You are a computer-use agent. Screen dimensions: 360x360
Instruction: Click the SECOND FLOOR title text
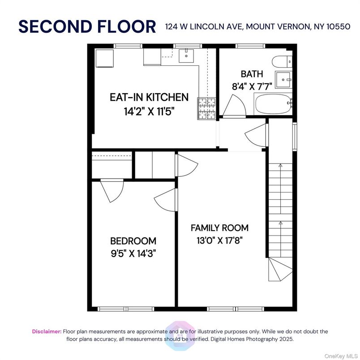click(87, 26)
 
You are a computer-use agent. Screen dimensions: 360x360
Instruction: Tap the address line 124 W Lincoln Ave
click(258, 26)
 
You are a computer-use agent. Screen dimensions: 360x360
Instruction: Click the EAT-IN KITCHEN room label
click(149, 97)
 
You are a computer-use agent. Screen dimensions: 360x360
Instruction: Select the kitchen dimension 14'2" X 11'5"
click(149, 111)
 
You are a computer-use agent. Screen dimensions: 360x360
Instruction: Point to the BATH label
click(252, 74)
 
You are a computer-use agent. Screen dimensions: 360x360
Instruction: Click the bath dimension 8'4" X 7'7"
click(252, 86)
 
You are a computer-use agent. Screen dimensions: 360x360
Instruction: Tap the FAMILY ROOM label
click(219, 228)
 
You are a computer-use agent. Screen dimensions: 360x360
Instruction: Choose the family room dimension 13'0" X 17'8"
click(219, 240)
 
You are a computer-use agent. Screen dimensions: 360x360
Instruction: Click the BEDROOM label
click(133, 241)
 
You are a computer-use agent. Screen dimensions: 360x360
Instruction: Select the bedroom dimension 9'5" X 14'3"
click(133, 253)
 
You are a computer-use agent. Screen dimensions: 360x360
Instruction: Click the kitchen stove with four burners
click(206, 108)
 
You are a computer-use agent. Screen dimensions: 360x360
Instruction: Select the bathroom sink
click(283, 80)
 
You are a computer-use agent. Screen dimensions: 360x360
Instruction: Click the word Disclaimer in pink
click(47, 332)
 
